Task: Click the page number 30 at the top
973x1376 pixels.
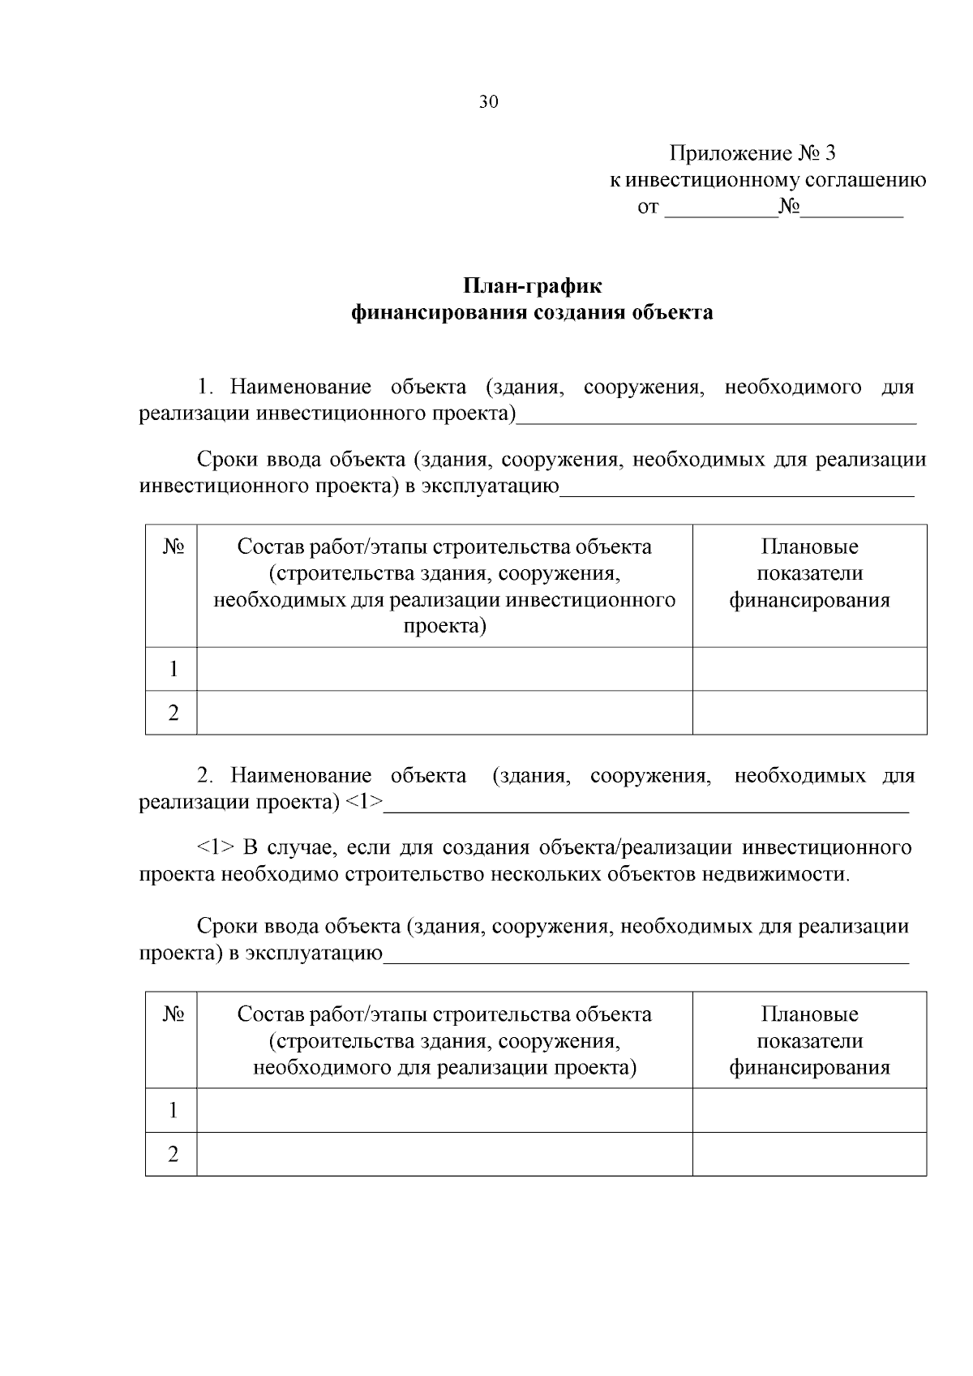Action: (488, 102)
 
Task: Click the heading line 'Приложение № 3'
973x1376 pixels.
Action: (752, 153)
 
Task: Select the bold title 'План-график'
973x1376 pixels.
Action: (533, 286)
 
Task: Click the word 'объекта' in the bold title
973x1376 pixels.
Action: (675, 312)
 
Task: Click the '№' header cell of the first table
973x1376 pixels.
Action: (173, 547)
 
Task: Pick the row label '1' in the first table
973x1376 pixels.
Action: (173, 669)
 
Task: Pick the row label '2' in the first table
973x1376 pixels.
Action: (173, 713)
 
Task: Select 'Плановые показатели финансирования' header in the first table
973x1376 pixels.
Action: (809, 573)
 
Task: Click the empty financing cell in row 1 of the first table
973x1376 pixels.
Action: (809, 669)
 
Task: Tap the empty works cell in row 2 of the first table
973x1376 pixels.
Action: (444, 713)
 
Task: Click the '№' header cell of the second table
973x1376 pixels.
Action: (173, 1014)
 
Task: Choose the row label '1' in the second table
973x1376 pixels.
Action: (173, 1110)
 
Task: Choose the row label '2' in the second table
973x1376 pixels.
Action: (173, 1154)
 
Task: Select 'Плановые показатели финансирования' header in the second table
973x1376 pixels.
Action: (809, 1040)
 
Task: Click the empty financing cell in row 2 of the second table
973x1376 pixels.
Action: (809, 1154)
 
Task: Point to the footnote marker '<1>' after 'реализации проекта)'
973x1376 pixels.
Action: (364, 802)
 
